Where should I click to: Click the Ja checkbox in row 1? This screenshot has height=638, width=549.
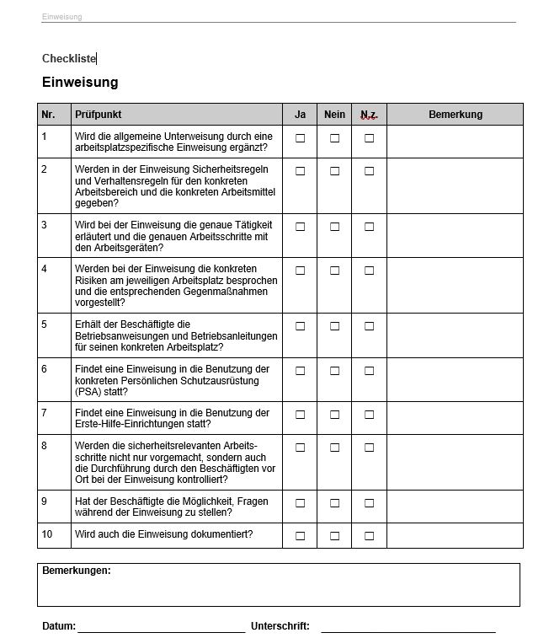[x=300, y=138]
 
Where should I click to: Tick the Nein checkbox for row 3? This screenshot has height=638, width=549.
[x=334, y=227]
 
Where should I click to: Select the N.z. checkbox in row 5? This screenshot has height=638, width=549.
[x=369, y=326]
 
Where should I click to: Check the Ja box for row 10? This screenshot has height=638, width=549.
[x=300, y=535]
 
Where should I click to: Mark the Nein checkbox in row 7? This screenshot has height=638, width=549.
[x=334, y=415]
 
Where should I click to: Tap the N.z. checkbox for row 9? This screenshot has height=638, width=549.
[x=369, y=503]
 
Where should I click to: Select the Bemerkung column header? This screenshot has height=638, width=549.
[x=455, y=115]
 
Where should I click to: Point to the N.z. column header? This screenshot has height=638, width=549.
[x=369, y=115]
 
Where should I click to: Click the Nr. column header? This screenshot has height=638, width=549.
[x=48, y=115]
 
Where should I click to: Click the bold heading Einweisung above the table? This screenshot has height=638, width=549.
[x=80, y=83]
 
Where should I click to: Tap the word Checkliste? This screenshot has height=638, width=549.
[x=69, y=58]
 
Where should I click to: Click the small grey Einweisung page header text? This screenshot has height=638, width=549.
[x=62, y=17]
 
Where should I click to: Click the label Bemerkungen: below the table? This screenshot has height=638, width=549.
[x=77, y=571]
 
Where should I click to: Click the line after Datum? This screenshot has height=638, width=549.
[x=161, y=628]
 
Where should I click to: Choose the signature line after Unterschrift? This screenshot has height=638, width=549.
[x=408, y=628]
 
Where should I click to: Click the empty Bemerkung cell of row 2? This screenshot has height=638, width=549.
[x=455, y=185]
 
